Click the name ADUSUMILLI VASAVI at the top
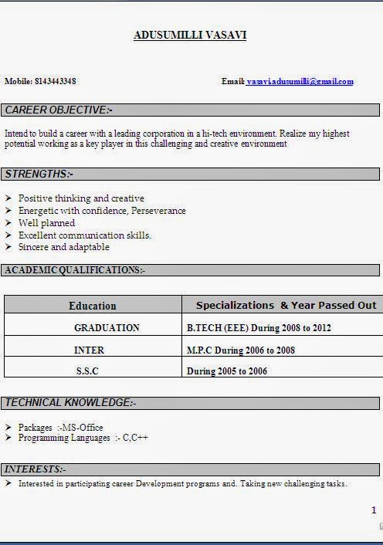tap(190, 36)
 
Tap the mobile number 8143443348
tap(56, 81)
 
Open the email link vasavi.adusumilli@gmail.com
tap(300, 81)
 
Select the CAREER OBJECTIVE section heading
tap(59, 110)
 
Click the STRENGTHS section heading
tap(39, 174)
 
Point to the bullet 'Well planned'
tap(47, 223)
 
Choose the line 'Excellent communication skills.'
tap(85, 235)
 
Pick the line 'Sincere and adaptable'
tap(64, 247)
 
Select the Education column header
tap(93, 306)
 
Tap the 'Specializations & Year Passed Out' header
tap(286, 305)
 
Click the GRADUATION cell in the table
tap(107, 328)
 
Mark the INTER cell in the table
tap(89, 350)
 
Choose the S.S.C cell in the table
tap(87, 371)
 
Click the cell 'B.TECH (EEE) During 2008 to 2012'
tap(259, 328)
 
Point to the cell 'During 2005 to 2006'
tap(227, 371)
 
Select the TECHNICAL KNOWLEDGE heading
tap(70, 403)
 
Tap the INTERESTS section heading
tap(36, 469)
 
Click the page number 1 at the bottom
tap(374, 510)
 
